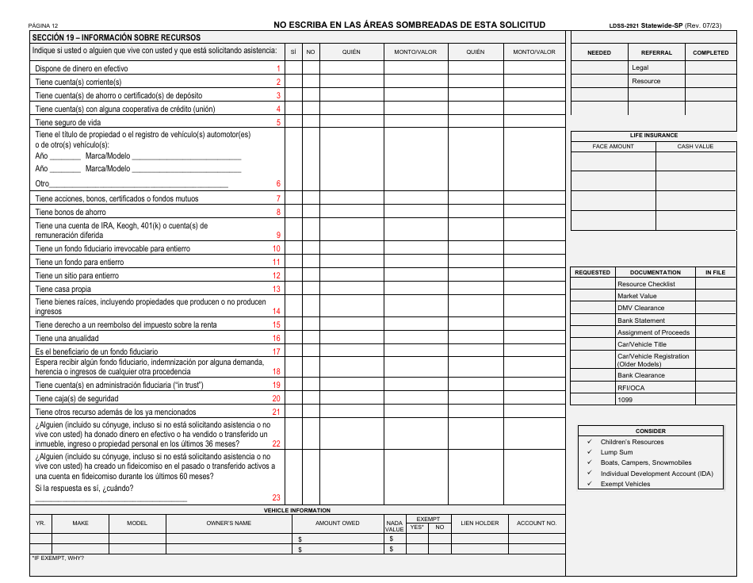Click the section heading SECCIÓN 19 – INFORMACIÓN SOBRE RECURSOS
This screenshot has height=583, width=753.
[x=116, y=37]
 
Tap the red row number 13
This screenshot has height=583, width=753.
[x=277, y=290]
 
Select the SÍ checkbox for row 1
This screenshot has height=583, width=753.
[x=293, y=68]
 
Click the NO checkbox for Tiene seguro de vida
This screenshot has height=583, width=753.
[x=311, y=122]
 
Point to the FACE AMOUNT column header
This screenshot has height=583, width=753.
[x=613, y=147]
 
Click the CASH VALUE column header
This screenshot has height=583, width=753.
[x=694, y=147]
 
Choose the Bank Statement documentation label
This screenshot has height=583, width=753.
[x=641, y=320]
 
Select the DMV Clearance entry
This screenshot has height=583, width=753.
[x=640, y=308]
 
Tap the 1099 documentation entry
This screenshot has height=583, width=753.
[x=625, y=400]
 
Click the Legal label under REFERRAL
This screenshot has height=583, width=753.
[x=640, y=68]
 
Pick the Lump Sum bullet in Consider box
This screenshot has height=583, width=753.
[x=616, y=452]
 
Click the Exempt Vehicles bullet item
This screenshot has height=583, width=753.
[x=625, y=484]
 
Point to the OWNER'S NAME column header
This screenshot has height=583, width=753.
[x=228, y=524]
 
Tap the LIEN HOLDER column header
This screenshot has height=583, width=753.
[x=480, y=524]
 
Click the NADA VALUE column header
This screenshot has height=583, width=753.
[x=394, y=526]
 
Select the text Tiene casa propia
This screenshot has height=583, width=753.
[x=63, y=290]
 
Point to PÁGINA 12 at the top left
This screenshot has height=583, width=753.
[x=44, y=26]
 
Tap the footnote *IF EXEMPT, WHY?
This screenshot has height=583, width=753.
[x=57, y=558]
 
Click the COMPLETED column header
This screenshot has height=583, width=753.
[x=710, y=52]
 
